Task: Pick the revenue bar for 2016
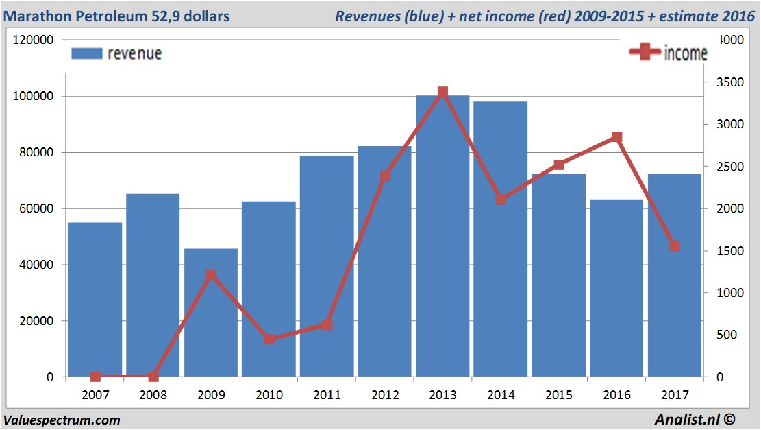click(616, 288)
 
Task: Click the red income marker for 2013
click(442, 92)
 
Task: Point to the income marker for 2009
click(211, 276)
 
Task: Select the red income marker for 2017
click(675, 246)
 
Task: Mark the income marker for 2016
click(616, 137)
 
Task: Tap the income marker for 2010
click(269, 339)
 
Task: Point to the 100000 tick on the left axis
click(34, 97)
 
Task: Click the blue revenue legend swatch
click(86, 53)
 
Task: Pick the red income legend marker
click(645, 52)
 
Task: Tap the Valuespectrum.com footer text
click(62, 420)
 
